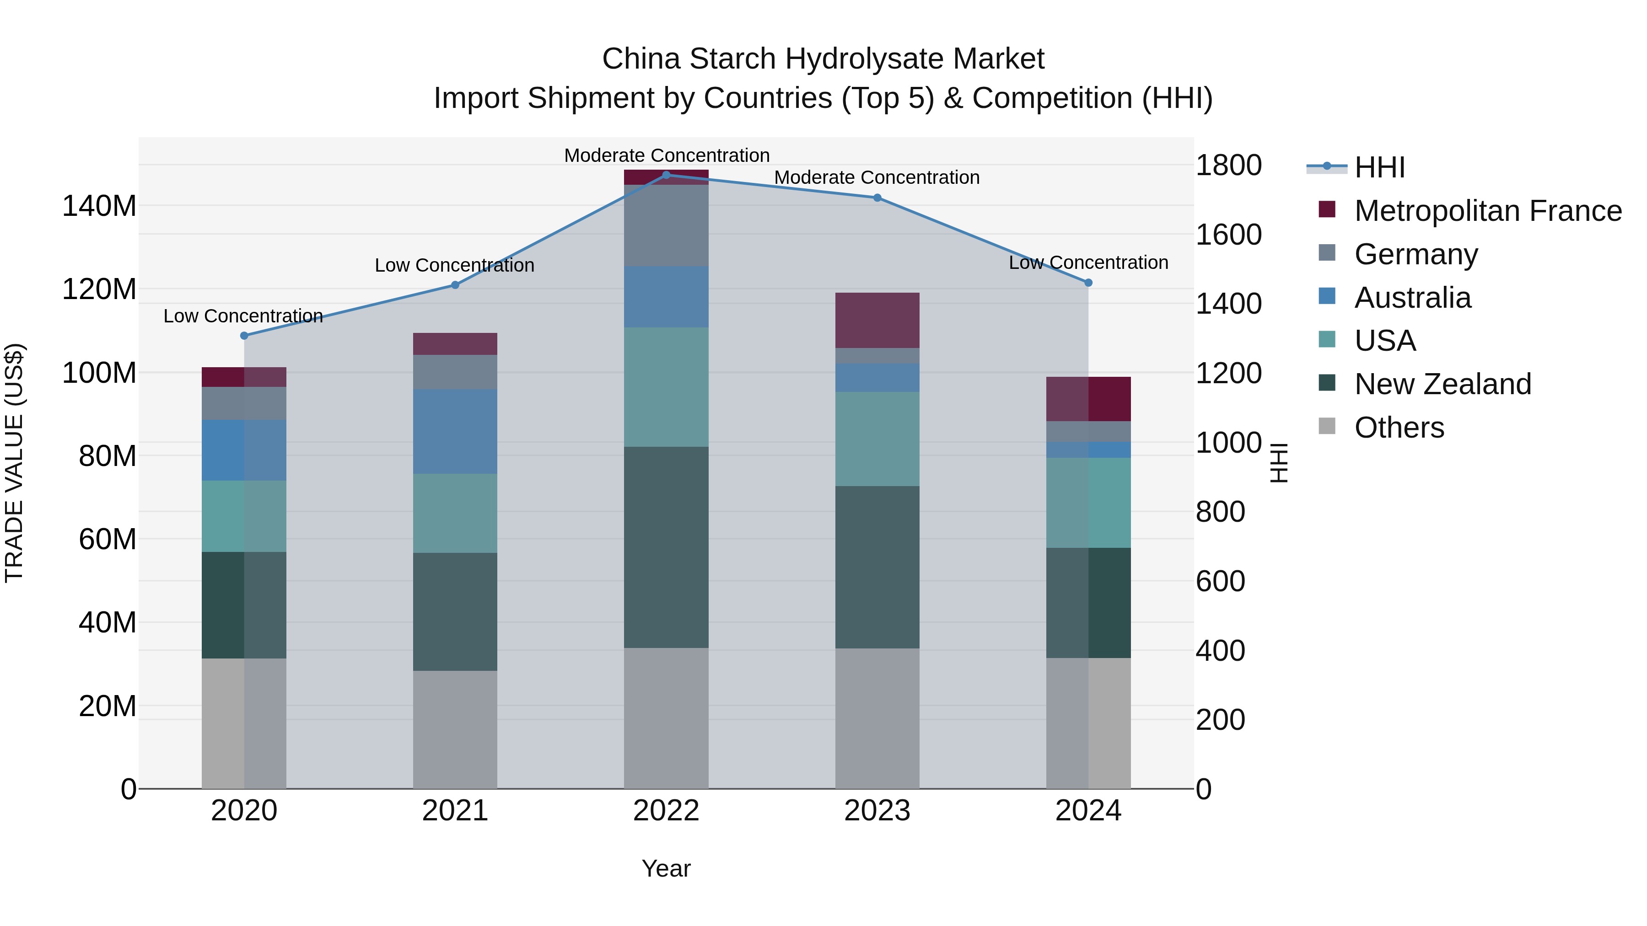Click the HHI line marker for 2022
666,175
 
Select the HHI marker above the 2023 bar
877,198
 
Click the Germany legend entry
1416,254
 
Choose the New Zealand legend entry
1442,384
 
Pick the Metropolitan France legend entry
1487,211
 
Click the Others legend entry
1399,428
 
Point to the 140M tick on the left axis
99,206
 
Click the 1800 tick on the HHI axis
1228,166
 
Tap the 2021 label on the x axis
455,811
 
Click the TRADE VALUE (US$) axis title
14,463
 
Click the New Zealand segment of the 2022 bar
666,547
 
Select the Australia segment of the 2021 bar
455,431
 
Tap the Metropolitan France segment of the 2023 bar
877,320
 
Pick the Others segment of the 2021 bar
455,729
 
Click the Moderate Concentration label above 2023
877,178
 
